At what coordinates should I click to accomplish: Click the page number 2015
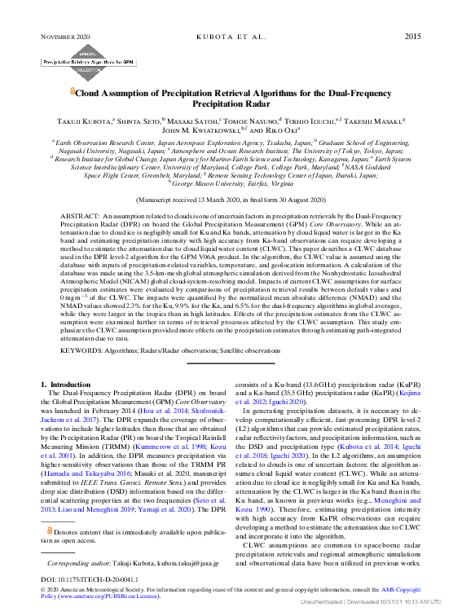[412, 37]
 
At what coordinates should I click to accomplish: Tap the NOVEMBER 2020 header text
[67, 37]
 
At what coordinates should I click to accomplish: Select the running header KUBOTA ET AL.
[231, 37]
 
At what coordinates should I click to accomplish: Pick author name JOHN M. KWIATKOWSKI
[193, 130]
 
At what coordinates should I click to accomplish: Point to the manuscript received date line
[230, 199]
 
